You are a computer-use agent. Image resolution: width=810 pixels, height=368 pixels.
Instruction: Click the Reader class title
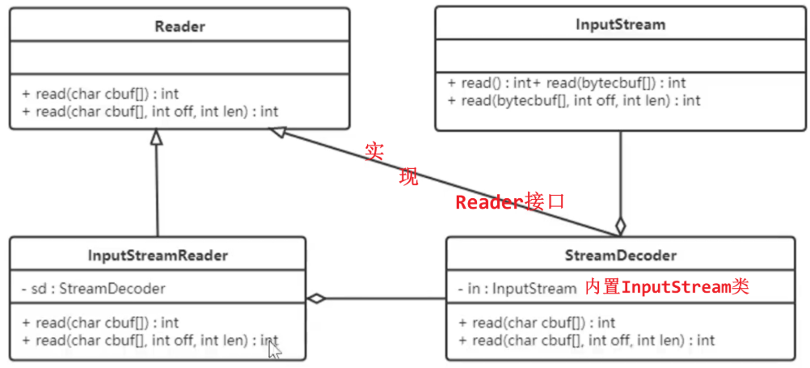pyautogui.click(x=179, y=27)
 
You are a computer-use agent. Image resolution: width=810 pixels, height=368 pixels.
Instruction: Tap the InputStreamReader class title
pyautogui.click(x=158, y=256)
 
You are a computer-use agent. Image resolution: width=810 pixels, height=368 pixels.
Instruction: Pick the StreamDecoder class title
pyautogui.click(x=620, y=256)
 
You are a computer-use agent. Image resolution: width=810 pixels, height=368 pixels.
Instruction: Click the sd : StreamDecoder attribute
pyautogui.click(x=94, y=289)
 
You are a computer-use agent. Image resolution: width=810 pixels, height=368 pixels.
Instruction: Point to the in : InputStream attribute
pyautogui.click(x=517, y=289)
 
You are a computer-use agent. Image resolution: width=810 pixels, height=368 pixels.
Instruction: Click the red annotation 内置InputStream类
pyautogui.click(x=667, y=287)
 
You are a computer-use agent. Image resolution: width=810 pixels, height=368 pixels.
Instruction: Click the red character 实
pyautogui.click(x=374, y=152)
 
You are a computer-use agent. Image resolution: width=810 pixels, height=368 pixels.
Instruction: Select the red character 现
pyautogui.click(x=408, y=177)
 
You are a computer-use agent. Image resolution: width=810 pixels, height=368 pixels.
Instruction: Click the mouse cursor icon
pyautogui.click(x=275, y=349)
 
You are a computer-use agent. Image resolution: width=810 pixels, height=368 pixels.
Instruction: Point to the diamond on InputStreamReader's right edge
pyautogui.click(x=316, y=298)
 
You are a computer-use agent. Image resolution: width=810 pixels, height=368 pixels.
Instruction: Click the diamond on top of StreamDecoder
pyautogui.click(x=620, y=226)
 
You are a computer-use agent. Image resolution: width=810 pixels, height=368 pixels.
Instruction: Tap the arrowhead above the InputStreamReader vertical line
pyautogui.click(x=157, y=137)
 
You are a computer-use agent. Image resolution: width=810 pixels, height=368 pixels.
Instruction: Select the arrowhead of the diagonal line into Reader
pyautogui.click(x=276, y=133)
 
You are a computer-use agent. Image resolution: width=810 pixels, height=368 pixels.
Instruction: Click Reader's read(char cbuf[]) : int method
pyautogui.click(x=100, y=94)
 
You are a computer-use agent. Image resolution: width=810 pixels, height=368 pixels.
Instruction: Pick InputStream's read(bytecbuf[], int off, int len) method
pyautogui.click(x=574, y=99)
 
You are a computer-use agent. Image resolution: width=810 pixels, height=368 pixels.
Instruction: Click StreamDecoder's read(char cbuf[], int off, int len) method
pyautogui.click(x=586, y=340)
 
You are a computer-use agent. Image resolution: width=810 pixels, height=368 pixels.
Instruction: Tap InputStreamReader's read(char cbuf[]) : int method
pyautogui.click(x=100, y=323)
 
